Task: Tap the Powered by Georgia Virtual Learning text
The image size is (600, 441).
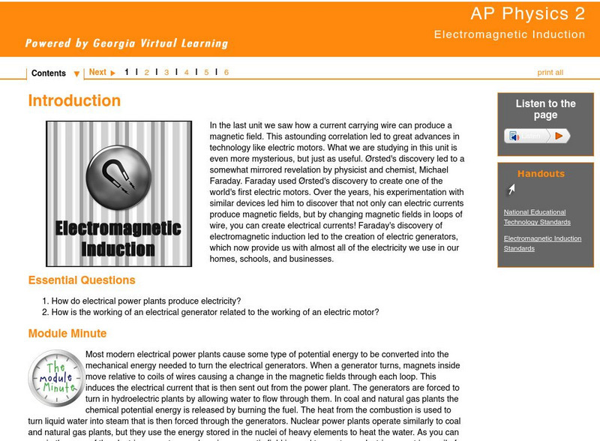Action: (x=126, y=43)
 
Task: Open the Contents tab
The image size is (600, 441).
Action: (x=49, y=73)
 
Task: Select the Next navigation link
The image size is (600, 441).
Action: (x=98, y=73)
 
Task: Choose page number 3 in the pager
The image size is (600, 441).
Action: (x=166, y=73)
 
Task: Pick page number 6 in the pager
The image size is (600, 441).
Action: (x=226, y=73)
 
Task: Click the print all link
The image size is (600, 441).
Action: (x=550, y=73)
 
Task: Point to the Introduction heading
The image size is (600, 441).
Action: (x=74, y=100)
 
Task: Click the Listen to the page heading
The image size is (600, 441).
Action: (x=545, y=109)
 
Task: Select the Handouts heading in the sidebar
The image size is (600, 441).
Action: (x=541, y=174)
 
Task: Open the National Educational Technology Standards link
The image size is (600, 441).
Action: (x=537, y=217)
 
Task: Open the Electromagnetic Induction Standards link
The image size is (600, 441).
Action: (x=542, y=243)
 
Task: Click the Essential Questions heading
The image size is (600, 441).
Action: (x=82, y=280)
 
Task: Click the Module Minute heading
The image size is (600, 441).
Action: (x=67, y=333)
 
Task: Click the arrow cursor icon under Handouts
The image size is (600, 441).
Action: (x=511, y=190)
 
